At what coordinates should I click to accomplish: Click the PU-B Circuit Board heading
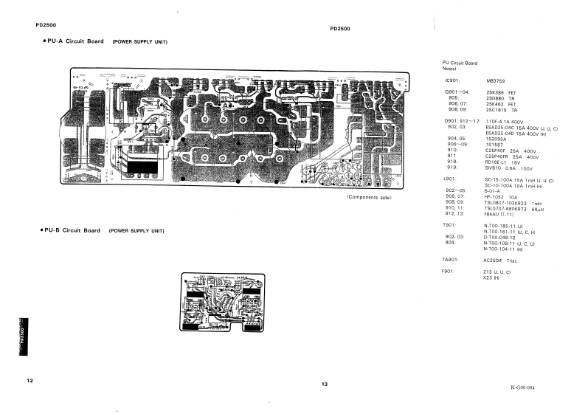[72, 230]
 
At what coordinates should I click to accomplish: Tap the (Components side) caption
[368, 198]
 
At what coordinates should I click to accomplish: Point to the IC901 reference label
[451, 80]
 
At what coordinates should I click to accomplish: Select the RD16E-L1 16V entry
[503, 162]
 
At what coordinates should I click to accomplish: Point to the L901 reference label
[449, 179]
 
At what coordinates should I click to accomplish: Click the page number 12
[30, 380]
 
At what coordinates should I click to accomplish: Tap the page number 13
[324, 384]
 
